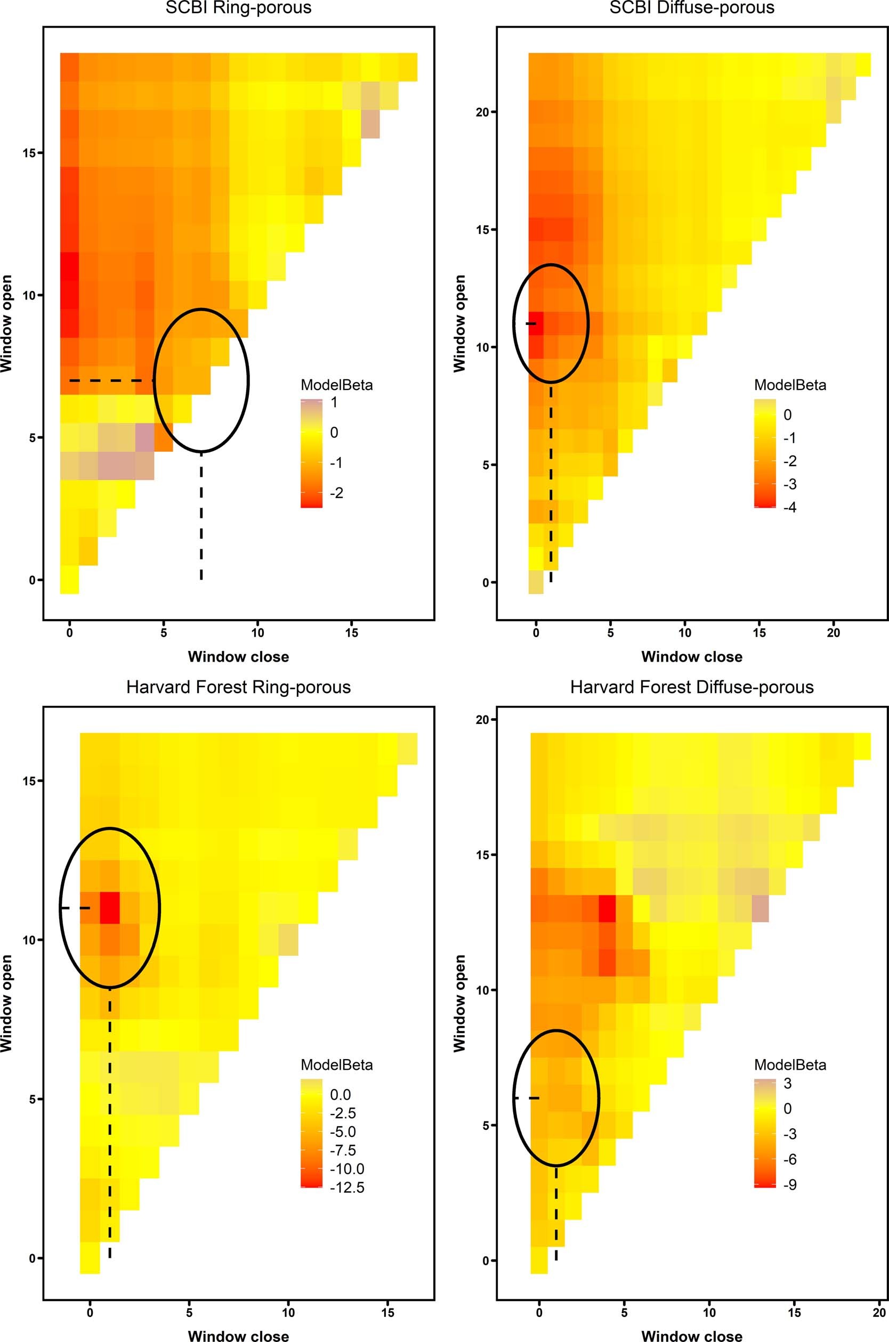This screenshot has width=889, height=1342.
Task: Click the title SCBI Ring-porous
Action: (238, 8)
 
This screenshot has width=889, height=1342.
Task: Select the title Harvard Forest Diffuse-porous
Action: (692, 687)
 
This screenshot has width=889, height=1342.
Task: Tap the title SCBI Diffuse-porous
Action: (692, 8)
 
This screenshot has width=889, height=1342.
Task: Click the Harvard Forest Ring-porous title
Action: (238, 687)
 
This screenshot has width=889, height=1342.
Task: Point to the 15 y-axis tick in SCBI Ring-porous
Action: (29, 153)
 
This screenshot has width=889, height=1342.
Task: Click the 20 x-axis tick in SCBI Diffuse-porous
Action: (834, 632)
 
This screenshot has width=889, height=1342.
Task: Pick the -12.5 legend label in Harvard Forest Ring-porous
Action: (347, 1188)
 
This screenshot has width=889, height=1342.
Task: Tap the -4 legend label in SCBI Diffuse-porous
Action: (789, 507)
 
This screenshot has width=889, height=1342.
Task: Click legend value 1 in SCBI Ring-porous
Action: (334, 402)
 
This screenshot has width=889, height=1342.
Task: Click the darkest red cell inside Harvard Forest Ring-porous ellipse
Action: (110, 907)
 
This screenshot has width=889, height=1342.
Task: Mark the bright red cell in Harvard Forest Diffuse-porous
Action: (607, 908)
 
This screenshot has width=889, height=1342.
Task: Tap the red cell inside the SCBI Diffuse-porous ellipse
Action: (536, 323)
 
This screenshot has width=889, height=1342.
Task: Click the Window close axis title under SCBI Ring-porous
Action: (238, 657)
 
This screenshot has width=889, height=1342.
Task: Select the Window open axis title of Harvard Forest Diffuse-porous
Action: (459, 1003)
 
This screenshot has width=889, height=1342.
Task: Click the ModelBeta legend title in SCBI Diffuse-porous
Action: (790, 385)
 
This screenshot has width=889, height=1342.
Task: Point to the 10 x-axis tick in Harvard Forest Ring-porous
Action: (288, 1312)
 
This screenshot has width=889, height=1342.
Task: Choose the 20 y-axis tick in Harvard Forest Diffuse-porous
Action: (482, 720)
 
